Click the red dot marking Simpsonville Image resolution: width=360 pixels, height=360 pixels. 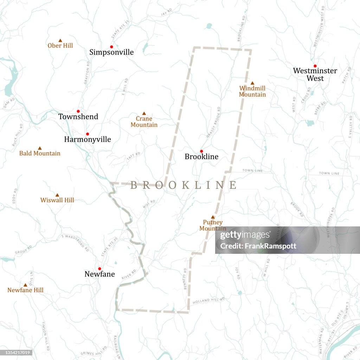click(111, 47)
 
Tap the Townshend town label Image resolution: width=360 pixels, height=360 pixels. click(78, 117)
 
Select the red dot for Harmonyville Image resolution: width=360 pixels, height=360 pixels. click(88, 134)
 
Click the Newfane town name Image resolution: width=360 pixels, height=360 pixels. click(99, 274)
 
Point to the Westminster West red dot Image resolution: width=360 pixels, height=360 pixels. click(315, 66)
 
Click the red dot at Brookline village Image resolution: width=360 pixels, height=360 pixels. click(201, 151)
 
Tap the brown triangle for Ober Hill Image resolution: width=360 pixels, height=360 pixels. click(60, 40)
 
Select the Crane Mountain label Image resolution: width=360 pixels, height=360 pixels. click(144, 122)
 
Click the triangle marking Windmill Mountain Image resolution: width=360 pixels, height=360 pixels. click(252, 83)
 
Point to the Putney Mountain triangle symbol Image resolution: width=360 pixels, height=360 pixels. click(213, 217)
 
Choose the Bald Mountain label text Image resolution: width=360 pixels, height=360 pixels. click(40, 153)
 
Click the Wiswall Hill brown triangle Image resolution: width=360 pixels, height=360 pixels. click(57, 195)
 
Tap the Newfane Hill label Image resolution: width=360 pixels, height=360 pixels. click(25, 290)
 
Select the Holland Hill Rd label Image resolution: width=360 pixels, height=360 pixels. click(208, 301)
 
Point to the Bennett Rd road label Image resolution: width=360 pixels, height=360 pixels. click(185, 279)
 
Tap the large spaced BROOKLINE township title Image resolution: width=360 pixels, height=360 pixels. click(184, 185)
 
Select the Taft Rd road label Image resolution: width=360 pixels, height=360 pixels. click(133, 157)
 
